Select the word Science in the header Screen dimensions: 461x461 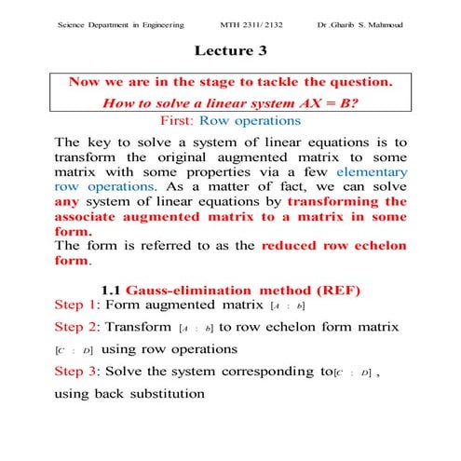72,22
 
